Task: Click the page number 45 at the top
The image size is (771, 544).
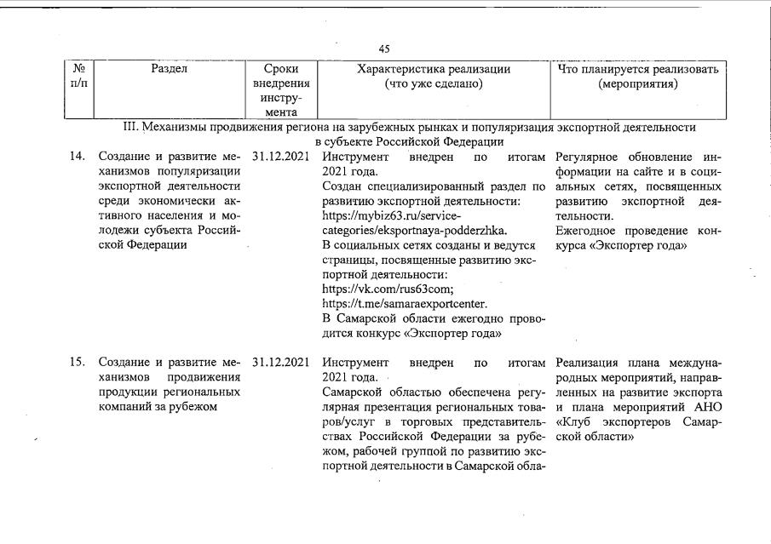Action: (x=384, y=49)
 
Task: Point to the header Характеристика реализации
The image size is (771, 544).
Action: (x=434, y=70)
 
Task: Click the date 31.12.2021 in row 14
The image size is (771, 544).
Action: (x=280, y=157)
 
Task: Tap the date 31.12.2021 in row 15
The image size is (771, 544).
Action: (x=280, y=362)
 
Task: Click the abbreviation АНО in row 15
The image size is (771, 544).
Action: (x=707, y=406)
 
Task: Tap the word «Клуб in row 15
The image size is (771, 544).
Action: (x=573, y=421)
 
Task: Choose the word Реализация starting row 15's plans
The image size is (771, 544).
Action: (x=588, y=362)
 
